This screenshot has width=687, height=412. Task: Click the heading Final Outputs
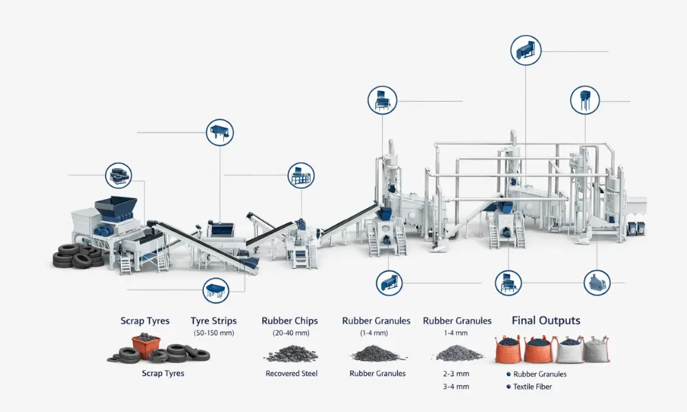(x=546, y=321)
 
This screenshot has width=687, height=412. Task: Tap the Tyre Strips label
(x=214, y=321)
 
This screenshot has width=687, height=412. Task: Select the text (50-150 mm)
(x=214, y=333)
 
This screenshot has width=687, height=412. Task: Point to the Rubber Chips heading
(x=290, y=321)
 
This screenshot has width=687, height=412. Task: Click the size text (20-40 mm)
(x=291, y=333)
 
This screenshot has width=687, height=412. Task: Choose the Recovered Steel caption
(x=291, y=374)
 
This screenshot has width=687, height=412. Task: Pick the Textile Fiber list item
(x=532, y=387)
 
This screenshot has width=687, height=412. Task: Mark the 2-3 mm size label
(x=456, y=374)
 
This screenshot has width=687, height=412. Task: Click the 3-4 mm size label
(x=456, y=387)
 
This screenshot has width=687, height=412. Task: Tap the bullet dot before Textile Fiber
(x=508, y=387)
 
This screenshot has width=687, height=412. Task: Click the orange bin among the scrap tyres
(x=146, y=346)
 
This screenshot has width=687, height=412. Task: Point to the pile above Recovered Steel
(x=291, y=354)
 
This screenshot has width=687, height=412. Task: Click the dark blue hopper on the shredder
(x=115, y=207)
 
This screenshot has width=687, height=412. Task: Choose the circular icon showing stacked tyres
(x=118, y=176)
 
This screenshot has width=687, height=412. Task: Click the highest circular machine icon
(x=526, y=51)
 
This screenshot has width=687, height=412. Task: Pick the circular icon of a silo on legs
(x=585, y=100)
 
